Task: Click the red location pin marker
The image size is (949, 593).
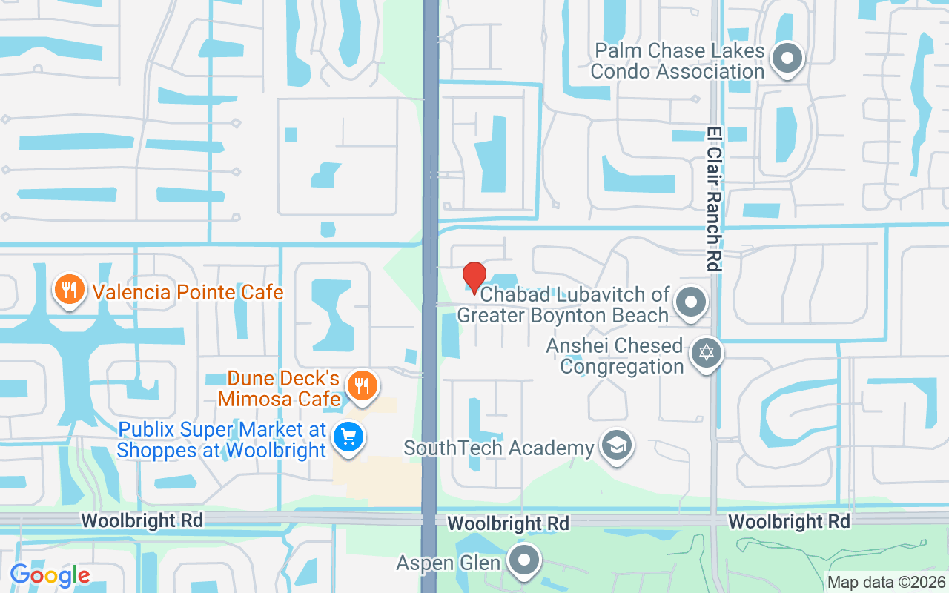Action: coord(474,277)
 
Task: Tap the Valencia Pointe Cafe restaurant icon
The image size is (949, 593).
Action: coord(70,290)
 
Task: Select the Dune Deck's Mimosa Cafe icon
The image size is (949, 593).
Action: coord(362,385)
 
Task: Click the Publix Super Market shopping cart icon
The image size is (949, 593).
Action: coord(348,437)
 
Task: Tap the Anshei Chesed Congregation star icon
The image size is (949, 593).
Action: coord(706,352)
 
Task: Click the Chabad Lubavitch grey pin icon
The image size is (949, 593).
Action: coord(691,302)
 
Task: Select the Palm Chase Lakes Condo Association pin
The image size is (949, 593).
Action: coord(787,59)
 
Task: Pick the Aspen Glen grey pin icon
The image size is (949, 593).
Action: coord(526,560)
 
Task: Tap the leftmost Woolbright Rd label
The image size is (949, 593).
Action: coord(142,520)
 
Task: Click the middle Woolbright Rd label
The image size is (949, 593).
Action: coord(509,523)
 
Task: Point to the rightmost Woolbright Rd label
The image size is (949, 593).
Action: coord(789,522)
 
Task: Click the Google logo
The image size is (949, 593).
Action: coord(50,574)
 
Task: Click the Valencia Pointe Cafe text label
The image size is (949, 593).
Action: coord(188,291)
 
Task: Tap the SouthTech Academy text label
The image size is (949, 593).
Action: coord(499,448)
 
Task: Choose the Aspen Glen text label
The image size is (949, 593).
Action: coord(449,563)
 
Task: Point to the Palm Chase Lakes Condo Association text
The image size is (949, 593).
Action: coord(677,61)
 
